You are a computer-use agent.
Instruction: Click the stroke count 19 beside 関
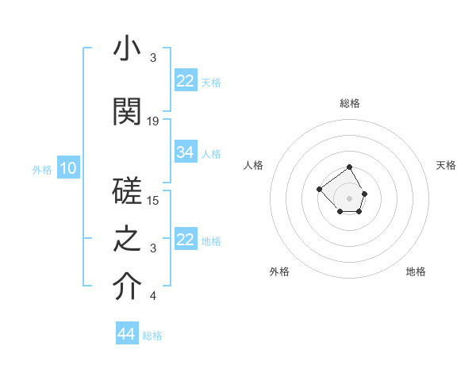click(x=153, y=121)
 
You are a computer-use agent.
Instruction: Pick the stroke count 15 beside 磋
click(x=153, y=200)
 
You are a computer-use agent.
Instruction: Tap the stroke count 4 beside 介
click(x=153, y=296)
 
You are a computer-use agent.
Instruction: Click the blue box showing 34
click(x=186, y=152)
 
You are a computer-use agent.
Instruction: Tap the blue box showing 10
click(x=68, y=168)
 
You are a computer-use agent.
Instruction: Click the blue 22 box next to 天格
click(x=186, y=81)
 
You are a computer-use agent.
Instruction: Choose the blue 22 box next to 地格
click(x=186, y=240)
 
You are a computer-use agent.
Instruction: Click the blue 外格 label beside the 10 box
click(x=41, y=169)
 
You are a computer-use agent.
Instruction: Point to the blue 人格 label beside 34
click(x=211, y=153)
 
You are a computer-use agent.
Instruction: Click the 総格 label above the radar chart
click(x=349, y=103)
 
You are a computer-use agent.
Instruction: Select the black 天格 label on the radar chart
click(x=446, y=165)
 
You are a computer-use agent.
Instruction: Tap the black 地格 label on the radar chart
click(x=416, y=271)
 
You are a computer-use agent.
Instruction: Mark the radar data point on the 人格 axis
click(x=319, y=189)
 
